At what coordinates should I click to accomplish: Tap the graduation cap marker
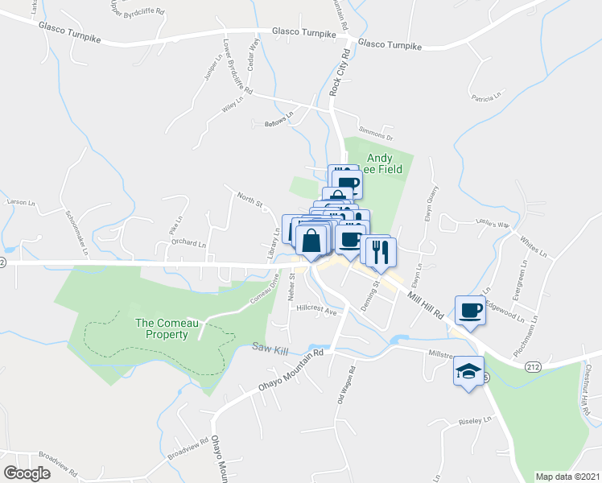point(468,371)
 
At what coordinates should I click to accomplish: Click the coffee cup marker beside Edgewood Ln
point(471,310)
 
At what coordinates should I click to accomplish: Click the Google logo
point(27,473)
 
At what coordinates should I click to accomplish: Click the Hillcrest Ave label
point(315,308)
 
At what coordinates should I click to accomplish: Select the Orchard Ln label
point(188,242)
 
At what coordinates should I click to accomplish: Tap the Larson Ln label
point(21,201)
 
